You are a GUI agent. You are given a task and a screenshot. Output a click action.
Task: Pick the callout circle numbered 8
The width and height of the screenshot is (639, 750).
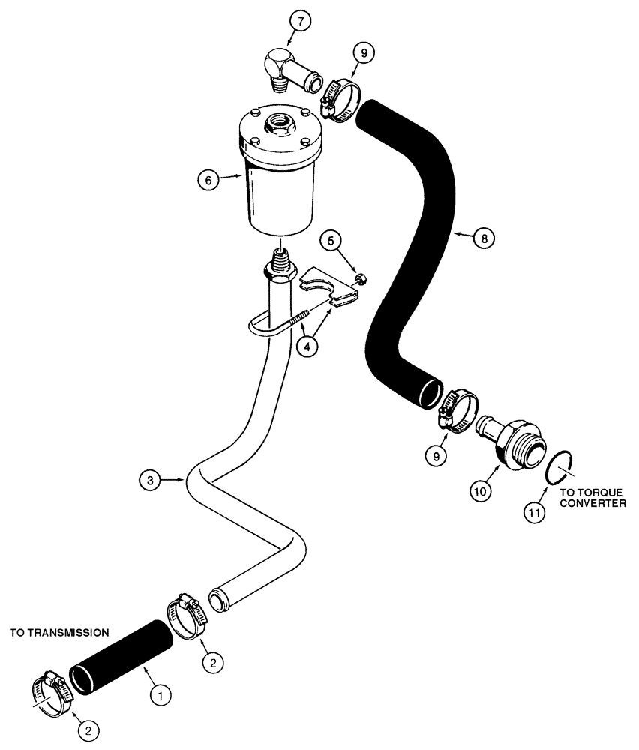pyautogui.click(x=484, y=238)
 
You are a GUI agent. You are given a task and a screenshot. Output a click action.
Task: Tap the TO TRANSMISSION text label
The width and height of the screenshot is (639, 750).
pyautogui.click(x=59, y=633)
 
